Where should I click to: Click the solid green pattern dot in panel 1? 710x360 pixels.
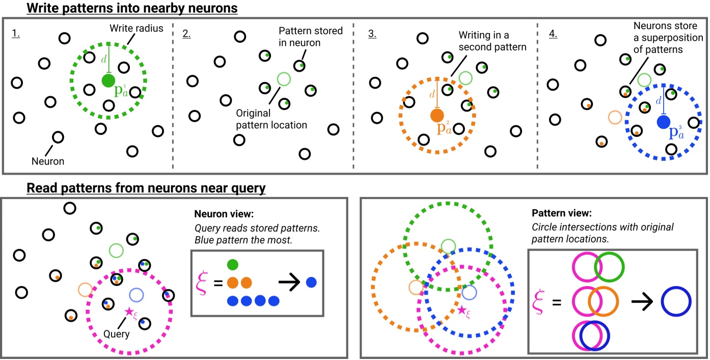(108, 80)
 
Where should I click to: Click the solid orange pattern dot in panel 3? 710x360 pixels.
(437, 116)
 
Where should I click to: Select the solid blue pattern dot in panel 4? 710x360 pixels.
(663, 122)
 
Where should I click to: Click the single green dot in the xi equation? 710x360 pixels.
(232, 265)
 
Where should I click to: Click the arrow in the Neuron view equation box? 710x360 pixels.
(287, 282)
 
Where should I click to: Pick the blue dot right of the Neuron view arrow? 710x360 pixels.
(311, 282)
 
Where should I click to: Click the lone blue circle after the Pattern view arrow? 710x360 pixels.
(676, 302)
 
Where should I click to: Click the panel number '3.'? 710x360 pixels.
(373, 34)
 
